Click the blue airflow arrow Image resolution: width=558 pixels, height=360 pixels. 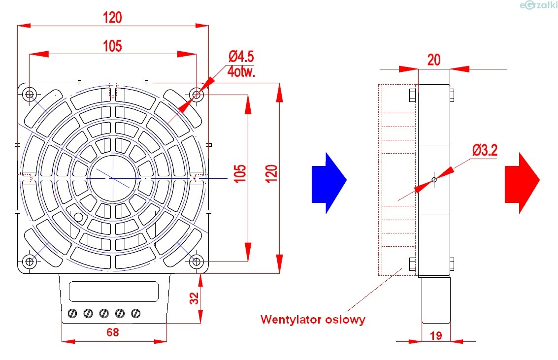[328, 182]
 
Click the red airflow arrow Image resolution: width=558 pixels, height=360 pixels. [522, 182]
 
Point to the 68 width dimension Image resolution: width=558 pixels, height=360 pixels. [113, 332]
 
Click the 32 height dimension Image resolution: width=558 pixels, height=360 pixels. [194, 298]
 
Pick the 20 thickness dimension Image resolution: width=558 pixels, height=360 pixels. [433, 60]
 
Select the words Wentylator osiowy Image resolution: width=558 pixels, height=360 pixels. [313, 319]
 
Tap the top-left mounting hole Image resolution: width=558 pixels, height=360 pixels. [30, 94]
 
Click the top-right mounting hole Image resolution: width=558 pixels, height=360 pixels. [197, 94]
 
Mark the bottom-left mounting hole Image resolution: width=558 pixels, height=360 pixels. [30, 261]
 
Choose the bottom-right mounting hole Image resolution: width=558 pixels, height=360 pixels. [197, 261]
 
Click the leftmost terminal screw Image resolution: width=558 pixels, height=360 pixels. [73, 313]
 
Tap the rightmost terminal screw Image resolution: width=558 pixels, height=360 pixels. [135, 313]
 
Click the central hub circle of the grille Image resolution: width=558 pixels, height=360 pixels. [113, 178]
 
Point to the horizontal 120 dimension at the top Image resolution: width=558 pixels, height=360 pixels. [112, 18]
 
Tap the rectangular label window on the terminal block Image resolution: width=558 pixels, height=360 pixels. [113, 291]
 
